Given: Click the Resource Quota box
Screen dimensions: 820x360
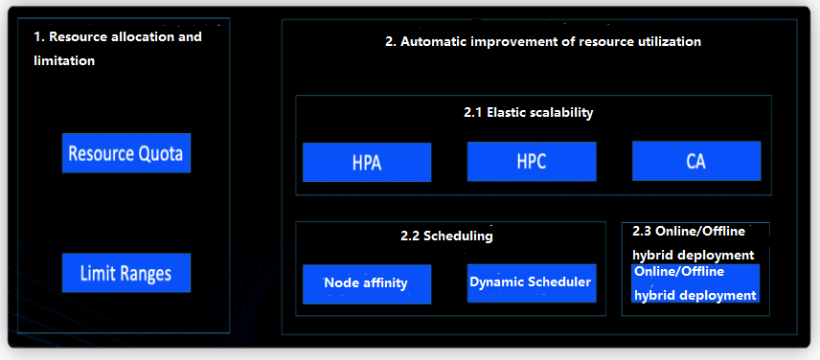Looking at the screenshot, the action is pos(126,153).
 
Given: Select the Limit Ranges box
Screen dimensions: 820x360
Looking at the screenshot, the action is pos(126,273).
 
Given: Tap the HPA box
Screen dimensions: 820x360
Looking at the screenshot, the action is pos(367,162).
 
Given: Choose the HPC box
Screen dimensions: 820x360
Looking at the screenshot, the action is pos(532,162).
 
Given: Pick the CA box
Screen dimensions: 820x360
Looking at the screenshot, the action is pos(696,161).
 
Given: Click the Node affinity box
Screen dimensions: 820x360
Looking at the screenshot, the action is pos(367,284).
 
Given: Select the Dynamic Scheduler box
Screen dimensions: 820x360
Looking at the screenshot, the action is pos(532,283).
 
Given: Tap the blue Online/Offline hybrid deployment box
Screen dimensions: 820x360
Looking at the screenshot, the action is pos(695,283).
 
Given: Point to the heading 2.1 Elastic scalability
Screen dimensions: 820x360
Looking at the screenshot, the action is pos(528,112).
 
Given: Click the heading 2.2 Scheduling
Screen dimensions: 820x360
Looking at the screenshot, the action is pos(446,236).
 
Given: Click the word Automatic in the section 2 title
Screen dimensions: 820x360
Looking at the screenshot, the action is pos(433,42).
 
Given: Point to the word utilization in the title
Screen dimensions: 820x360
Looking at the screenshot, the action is pos(670,42).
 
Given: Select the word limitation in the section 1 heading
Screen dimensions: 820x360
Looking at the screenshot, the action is pos(64,60).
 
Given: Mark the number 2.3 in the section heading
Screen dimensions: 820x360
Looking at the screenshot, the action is pos(642,232).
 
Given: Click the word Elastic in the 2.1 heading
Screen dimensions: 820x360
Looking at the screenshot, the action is pos(506,112).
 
